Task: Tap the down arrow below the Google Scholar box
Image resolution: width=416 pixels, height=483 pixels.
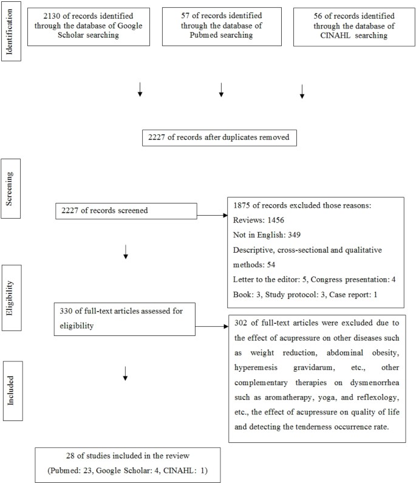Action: [140, 91]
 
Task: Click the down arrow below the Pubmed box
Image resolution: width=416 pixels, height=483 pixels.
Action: [221, 91]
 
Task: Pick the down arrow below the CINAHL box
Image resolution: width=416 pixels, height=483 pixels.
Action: [302, 91]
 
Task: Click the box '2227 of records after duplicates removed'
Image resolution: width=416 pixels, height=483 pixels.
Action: [219, 137]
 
